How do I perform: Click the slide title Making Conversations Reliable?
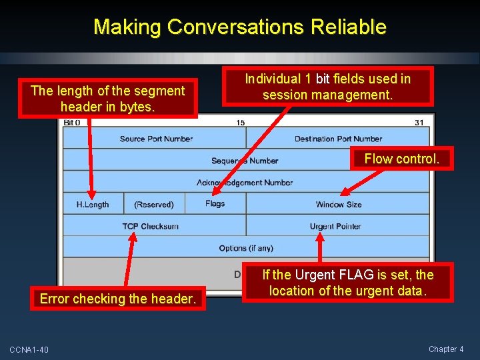click(240, 27)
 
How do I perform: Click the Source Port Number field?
click(156, 139)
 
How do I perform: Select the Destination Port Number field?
click(338, 139)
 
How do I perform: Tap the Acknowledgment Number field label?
click(245, 183)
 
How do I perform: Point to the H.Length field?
click(93, 205)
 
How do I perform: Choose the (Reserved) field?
click(153, 205)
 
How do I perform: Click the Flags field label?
click(215, 204)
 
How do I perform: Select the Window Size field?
click(339, 205)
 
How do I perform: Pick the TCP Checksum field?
click(150, 227)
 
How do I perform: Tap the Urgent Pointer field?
click(335, 227)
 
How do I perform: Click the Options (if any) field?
click(246, 249)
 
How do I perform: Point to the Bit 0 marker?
click(71, 123)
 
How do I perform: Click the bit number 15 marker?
click(240, 123)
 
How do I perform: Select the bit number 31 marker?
click(419, 123)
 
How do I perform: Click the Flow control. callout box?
click(401, 159)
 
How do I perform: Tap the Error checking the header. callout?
click(118, 299)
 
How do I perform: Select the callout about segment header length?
click(107, 99)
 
